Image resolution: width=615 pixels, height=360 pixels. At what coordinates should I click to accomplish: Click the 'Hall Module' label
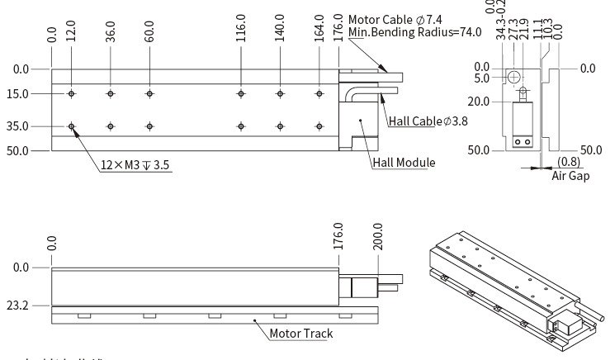pos(404,163)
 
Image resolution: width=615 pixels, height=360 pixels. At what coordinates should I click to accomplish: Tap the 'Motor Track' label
pos(302,334)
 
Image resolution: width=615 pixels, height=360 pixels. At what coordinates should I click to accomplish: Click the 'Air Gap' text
pos(570,175)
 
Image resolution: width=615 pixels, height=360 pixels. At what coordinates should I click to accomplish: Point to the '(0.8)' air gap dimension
pos(569,163)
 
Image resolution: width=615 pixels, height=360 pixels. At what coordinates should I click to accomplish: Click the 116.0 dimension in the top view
pos(241,27)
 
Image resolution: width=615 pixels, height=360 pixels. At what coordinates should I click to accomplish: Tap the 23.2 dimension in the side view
pos(17,306)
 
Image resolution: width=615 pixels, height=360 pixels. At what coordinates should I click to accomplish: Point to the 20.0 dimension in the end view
pos(479,102)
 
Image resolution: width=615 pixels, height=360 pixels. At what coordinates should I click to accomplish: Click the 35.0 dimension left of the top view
pos(17,126)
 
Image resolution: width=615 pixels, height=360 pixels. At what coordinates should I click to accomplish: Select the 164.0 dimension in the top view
pos(319,27)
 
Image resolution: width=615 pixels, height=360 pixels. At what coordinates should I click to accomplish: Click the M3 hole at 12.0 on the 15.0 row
pos(72,94)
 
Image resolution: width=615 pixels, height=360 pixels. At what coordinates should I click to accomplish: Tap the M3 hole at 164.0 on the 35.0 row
pos(319,126)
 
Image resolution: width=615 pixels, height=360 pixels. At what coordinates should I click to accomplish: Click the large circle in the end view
pos(514,77)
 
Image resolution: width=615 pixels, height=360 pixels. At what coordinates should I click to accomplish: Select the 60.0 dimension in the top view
pos(149,27)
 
